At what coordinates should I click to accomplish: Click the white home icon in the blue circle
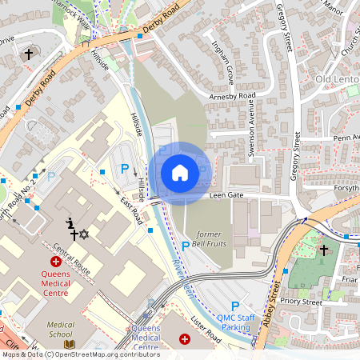(x=179, y=173)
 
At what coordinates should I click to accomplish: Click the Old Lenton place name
(x=337, y=80)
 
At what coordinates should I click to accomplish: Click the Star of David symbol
(x=84, y=234)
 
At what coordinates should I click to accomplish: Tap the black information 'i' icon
(x=70, y=222)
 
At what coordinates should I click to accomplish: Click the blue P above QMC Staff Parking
(x=234, y=306)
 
